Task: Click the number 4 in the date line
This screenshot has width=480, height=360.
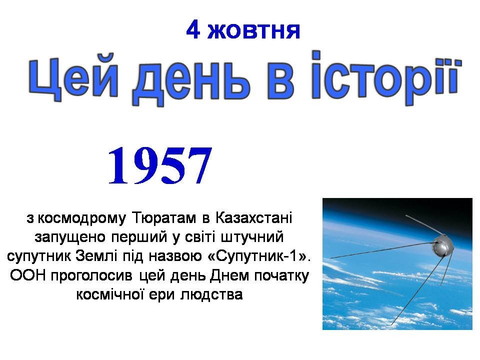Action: [193, 29]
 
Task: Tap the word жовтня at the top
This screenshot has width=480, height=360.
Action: [254, 31]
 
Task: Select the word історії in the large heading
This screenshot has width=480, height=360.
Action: [386, 77]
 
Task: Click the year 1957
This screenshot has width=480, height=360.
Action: [160, 166]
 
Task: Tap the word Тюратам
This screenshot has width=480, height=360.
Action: [164, 218]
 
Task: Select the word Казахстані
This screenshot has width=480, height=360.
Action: [254, 217]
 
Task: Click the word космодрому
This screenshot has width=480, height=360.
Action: [81, 218]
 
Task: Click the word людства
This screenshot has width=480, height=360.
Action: [211, 295]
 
